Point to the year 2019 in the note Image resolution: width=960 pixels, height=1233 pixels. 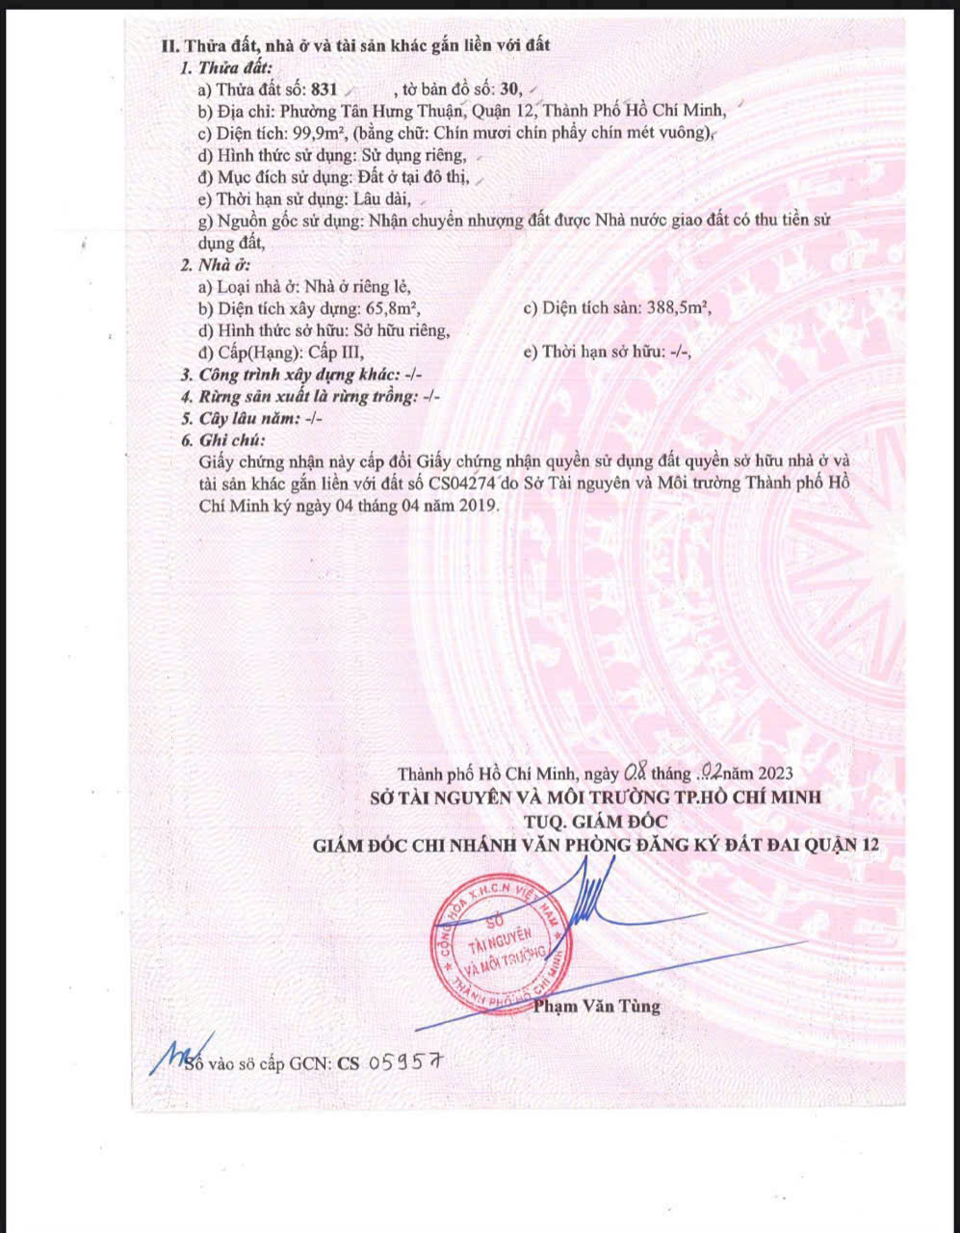(x=480, y=505)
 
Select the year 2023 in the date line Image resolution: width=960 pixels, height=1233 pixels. (x=775, y=773)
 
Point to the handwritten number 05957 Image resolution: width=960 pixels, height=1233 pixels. (x=404, y=1062)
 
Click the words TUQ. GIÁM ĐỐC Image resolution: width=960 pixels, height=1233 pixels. (x=596, y=821)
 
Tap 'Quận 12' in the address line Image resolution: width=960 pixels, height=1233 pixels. (x=506, y=111)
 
